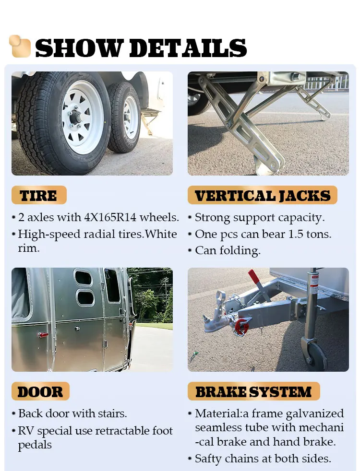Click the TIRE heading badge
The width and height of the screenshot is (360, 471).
coord(38,196)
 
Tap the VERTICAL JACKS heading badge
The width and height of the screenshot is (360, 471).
coord(262,196)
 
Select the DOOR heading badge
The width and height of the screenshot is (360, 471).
coord(40,391)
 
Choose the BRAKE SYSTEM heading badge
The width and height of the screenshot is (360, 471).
coord(253,391)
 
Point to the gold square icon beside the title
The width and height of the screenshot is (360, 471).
coord(20,46)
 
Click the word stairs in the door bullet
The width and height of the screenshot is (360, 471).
coord(111,413)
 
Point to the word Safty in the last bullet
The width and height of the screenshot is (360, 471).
coord(210,459)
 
